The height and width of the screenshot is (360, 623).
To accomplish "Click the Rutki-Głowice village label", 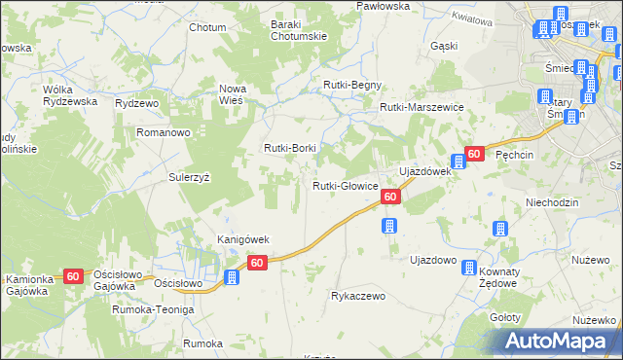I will (x=345, y=186).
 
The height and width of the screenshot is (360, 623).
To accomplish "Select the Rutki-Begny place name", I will (x=352, y=85).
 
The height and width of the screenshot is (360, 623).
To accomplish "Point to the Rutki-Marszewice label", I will (x=421, y=107).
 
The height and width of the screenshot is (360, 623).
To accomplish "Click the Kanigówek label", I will (x=242, y=239).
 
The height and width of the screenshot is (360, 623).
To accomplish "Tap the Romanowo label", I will (x=163, y=131).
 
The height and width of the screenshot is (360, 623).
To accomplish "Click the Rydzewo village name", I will (x=136, y=103).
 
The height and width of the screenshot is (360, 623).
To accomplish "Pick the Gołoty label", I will (x=504, y=318).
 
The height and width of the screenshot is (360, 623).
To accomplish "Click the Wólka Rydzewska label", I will (x=71, y=95).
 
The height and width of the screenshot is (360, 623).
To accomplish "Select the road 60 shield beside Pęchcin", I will (x=474, y=154).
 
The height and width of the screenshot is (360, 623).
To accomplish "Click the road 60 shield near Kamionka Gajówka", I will (x=73, y=276).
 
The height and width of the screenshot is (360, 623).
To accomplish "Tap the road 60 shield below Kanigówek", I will (x=257, y=263).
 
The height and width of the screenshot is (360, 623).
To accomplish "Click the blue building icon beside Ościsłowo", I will (x=232, y=277).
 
